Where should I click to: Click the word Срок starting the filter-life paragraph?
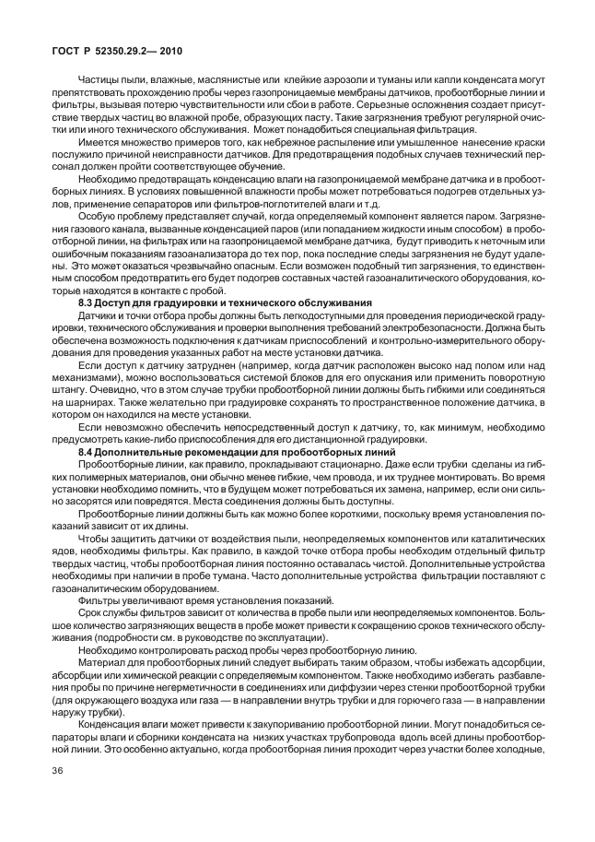tap(90, 611)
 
